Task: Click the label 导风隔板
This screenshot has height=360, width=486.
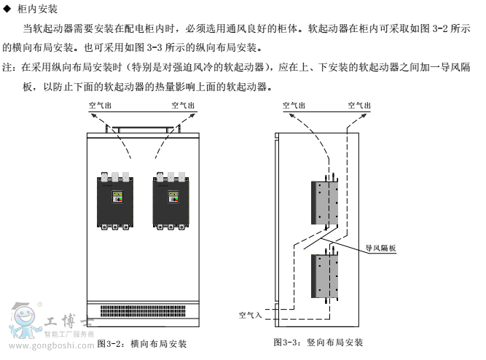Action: (381, 248)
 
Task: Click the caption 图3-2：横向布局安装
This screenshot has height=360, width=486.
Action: (141, 343)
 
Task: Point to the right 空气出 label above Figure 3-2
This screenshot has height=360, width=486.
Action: (184, 105)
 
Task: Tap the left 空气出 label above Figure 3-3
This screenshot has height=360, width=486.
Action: (294, 105)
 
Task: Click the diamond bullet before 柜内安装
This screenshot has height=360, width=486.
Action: (7, 9)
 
